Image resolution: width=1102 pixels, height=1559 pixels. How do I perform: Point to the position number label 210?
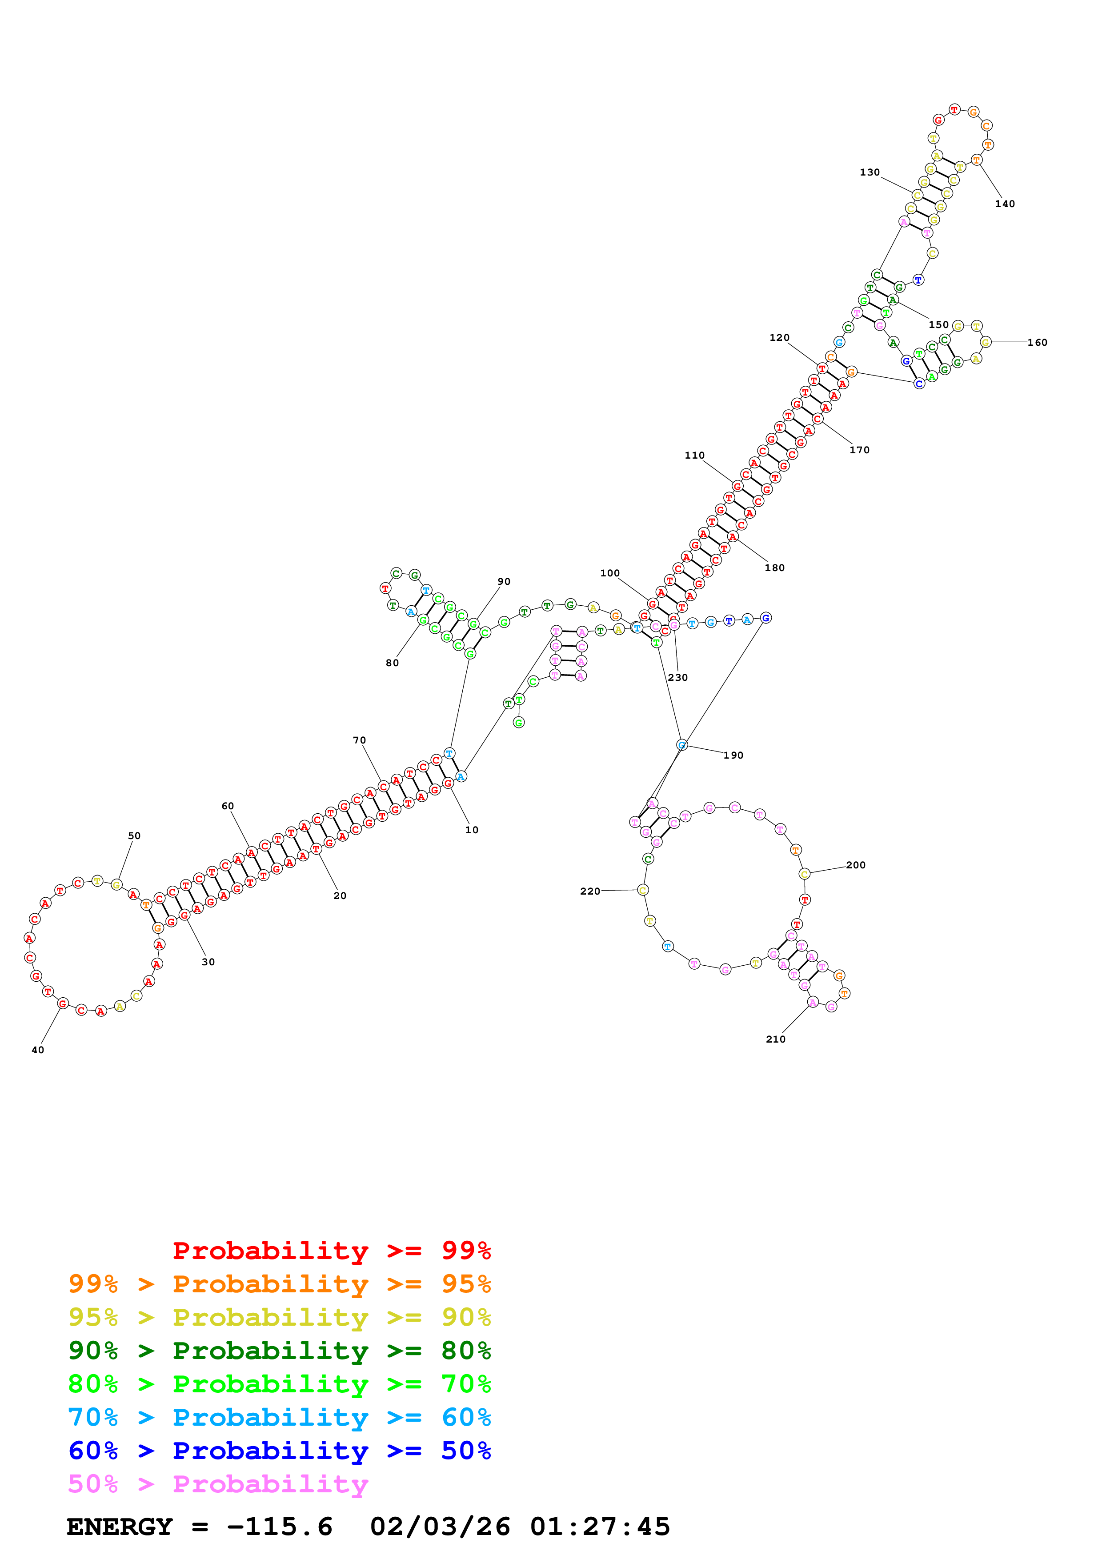point(775,1039)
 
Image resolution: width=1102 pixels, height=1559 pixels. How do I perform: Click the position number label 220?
point(590,891)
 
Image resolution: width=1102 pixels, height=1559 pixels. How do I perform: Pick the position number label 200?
point(856,865)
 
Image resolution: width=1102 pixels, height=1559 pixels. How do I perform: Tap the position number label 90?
point(504,581)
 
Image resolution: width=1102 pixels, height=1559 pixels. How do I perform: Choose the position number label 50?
point(134,836)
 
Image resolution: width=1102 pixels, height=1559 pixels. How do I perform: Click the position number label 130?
point(870,172)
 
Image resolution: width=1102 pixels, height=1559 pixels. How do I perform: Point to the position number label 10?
point(472,830)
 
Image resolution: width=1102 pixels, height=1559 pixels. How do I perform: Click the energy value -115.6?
point(280,1527)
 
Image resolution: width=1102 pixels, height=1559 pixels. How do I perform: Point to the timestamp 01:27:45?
point(600,1527)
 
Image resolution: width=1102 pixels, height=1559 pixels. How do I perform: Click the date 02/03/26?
point(440,1527)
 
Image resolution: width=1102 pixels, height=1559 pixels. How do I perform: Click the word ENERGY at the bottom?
point(120,1527)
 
